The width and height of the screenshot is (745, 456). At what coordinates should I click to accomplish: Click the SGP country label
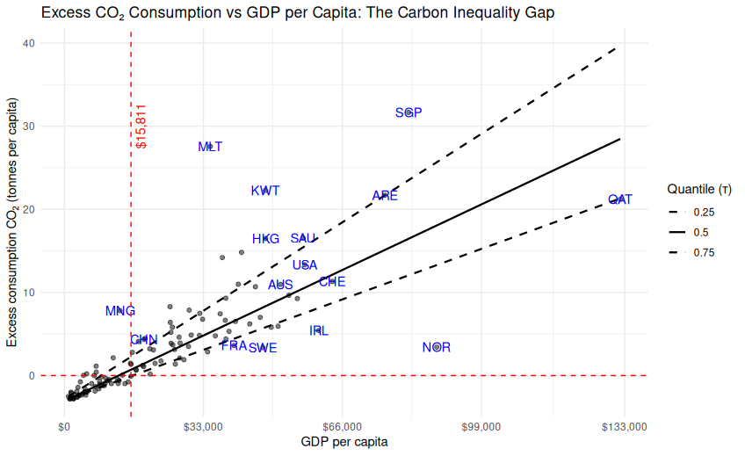pyautogui.click(x=409, y=112)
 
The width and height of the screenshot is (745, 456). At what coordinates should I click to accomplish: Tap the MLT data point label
pyautogui.click(x=210, y=147)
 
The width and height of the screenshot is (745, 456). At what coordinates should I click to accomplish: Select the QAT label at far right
pyautogui.click(x=620, y=199)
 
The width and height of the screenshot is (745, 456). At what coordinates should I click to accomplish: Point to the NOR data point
pyautogui.click(x=437, y=347)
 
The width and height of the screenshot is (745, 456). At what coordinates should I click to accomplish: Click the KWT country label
pyautogui.click(x=265, y=191)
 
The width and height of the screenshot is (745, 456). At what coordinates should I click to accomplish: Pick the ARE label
pyautogui.click(x=385, y=195)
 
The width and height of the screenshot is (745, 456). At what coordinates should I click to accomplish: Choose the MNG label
pyautogui.click(x=120, y=310)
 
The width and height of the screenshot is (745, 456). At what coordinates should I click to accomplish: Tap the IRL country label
pyautogui.click(x=319, y=330)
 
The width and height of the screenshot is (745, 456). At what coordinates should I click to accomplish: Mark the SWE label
pyautogui.click(x=263, y=348)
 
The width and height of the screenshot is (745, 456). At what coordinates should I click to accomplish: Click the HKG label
pyautogui.click(x=265, y=238)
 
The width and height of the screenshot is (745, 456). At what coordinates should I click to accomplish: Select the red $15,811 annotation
pyautogui.click(x=142, y=126)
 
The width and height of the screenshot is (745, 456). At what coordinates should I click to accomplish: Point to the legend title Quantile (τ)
pyautogui.click(x=699, y=189)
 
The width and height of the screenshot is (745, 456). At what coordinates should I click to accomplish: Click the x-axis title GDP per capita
pyautogui.click(x=344, y=442)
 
